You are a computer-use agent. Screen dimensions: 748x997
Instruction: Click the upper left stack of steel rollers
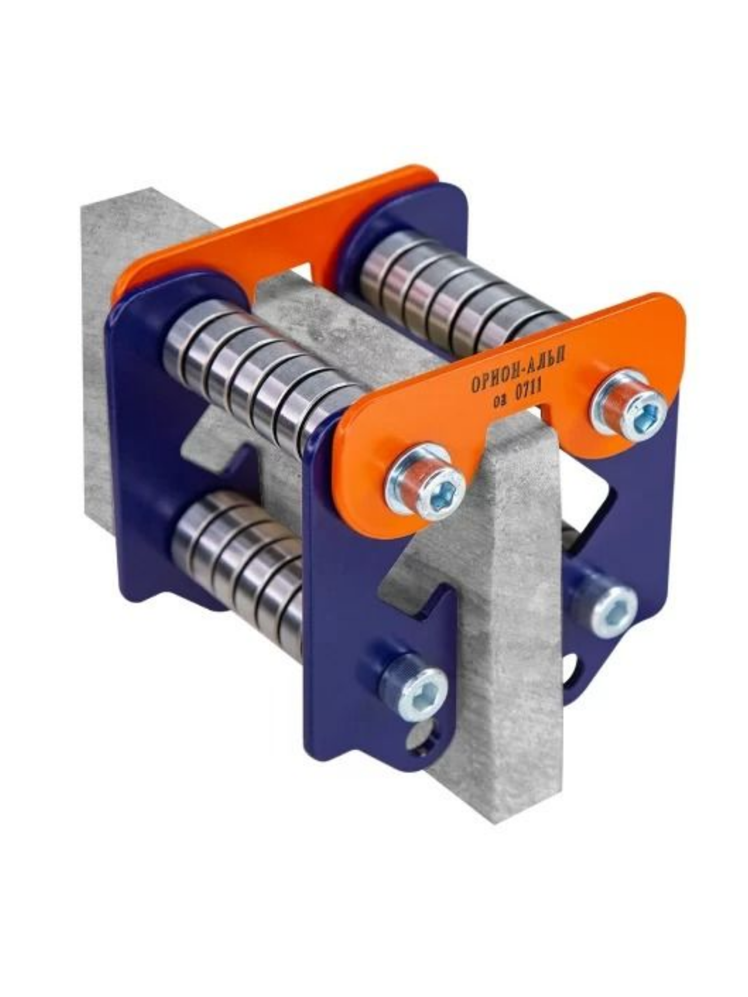point(260,369)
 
